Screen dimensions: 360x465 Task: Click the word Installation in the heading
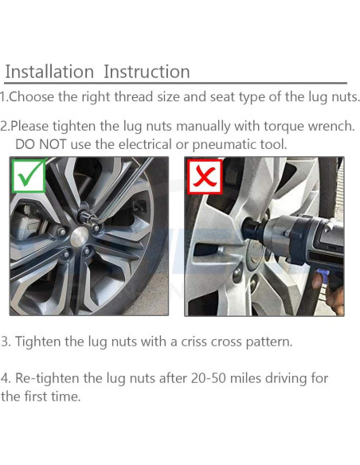click(x=49, y=72)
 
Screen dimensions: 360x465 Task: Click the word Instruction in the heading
click(x=147, y=72)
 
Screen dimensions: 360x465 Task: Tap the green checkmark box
click(x=29, y=176)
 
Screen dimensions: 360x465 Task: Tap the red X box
click(x=205, y=177)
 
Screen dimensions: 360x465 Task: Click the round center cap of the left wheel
click(x=80, y=237)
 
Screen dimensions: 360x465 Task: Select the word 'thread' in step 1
click(x=133, y=96)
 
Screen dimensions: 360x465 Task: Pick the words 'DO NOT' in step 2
click(x=41, y=144)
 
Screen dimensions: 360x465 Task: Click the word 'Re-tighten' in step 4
click(x=47, y=379)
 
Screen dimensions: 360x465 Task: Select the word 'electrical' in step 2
click(x=145, y=144)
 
